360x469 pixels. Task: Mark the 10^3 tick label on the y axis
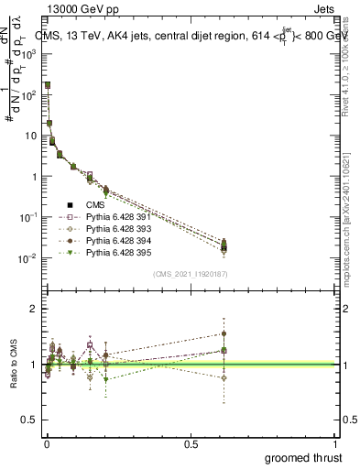[30, 54]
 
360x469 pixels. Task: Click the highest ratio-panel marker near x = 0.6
[224, 334]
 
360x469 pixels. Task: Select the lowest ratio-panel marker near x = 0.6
[224, 377]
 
